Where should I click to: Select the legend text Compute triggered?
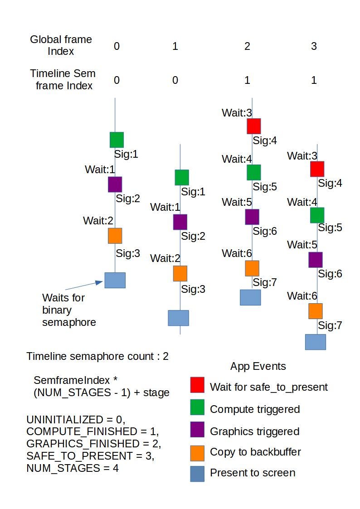255,409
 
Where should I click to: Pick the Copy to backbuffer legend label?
255,451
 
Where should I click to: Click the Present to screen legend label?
253,473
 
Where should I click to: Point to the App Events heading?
258,366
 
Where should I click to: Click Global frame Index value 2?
247,46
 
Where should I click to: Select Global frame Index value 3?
314,46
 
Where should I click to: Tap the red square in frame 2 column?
253,126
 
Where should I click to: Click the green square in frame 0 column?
117,140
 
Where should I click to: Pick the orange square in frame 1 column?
180,273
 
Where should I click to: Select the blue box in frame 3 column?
315,342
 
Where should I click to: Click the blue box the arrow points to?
115,280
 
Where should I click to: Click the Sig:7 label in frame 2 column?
265,282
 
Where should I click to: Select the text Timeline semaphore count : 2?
97,356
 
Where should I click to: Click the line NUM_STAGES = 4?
73,467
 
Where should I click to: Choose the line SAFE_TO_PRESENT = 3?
90,455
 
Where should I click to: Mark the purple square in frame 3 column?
315,260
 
